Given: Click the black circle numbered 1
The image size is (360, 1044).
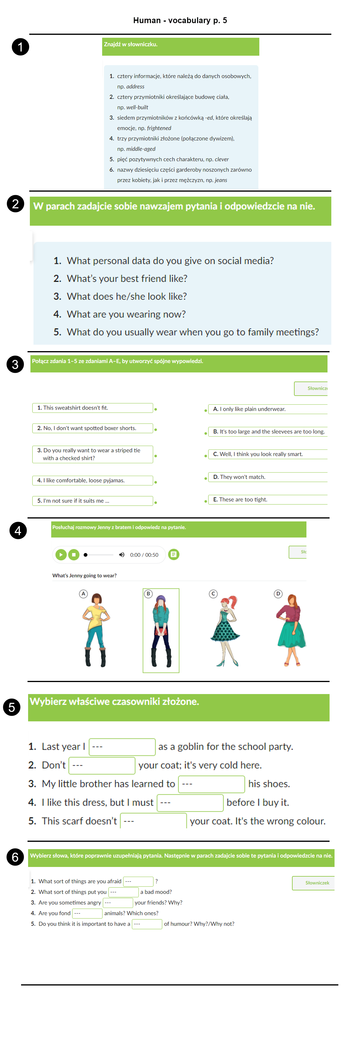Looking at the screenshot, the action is click(20, 47).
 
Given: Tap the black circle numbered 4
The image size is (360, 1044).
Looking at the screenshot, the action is click(18, 530).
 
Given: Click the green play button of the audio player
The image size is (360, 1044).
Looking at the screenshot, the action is click(61, 554).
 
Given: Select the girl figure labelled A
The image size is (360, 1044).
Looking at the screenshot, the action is click(96, 630).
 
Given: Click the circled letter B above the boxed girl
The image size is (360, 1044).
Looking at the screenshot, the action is click(148, 594).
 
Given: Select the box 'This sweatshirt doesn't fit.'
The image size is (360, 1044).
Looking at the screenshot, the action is click(92, 408).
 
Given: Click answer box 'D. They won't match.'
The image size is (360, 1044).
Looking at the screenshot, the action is click(268, 477).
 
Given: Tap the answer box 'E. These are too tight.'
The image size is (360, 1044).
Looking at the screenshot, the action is click(268, 500).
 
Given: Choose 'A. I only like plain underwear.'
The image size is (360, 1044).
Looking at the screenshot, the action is click(268, 409).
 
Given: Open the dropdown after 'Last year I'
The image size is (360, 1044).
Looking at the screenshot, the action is click(122, 746).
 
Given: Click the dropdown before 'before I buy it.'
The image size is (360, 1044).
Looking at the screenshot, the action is click(190, 802).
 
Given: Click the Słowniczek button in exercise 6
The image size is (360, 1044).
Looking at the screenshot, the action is click(313, 883).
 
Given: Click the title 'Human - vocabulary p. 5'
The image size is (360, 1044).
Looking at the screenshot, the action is click(180, 20).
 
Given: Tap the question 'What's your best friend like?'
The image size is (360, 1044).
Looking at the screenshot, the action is click(127, 279).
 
